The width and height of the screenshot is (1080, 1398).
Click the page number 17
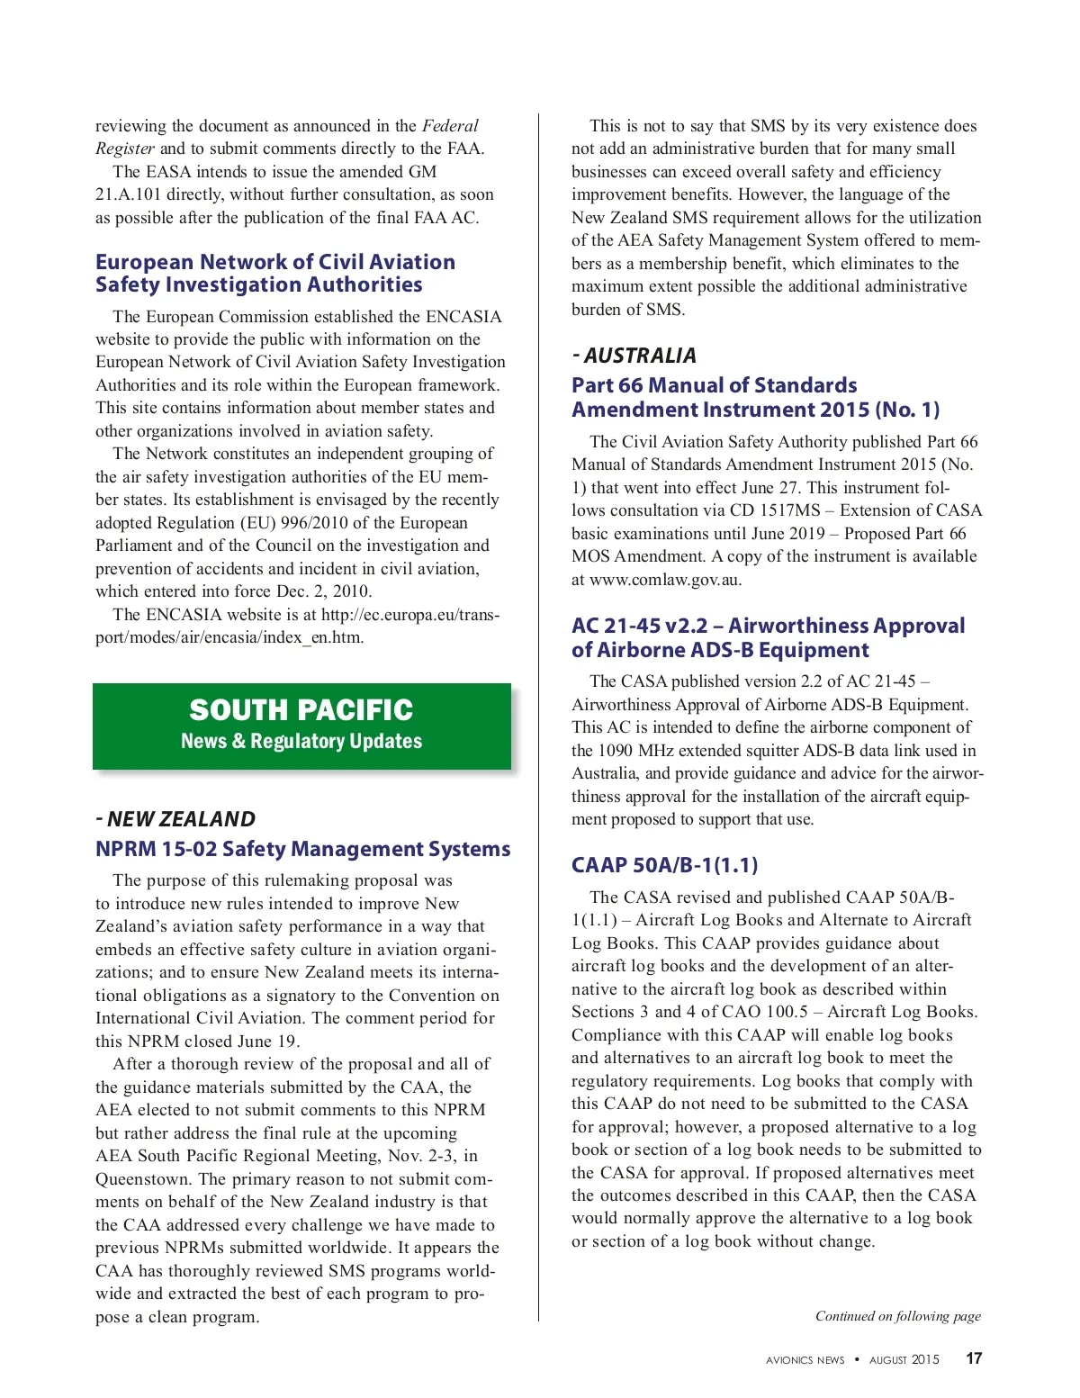point(974,1358)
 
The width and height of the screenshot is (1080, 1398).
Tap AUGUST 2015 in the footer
point(904,1360)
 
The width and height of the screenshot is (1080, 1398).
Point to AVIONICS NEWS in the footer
point(805,1360)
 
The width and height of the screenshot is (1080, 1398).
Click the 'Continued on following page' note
point(897,1316)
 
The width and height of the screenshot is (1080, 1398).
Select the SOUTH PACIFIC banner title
point(301,710)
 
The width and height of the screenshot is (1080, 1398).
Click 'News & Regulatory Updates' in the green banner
point(301,742)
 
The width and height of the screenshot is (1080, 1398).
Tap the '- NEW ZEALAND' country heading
point(175,819)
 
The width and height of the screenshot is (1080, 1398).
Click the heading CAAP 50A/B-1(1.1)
point(664,866)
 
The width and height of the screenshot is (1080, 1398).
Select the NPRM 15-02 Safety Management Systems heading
point(302,849)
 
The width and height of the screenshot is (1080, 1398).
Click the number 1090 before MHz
point(615,751)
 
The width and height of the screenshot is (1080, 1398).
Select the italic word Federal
point(450,126)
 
